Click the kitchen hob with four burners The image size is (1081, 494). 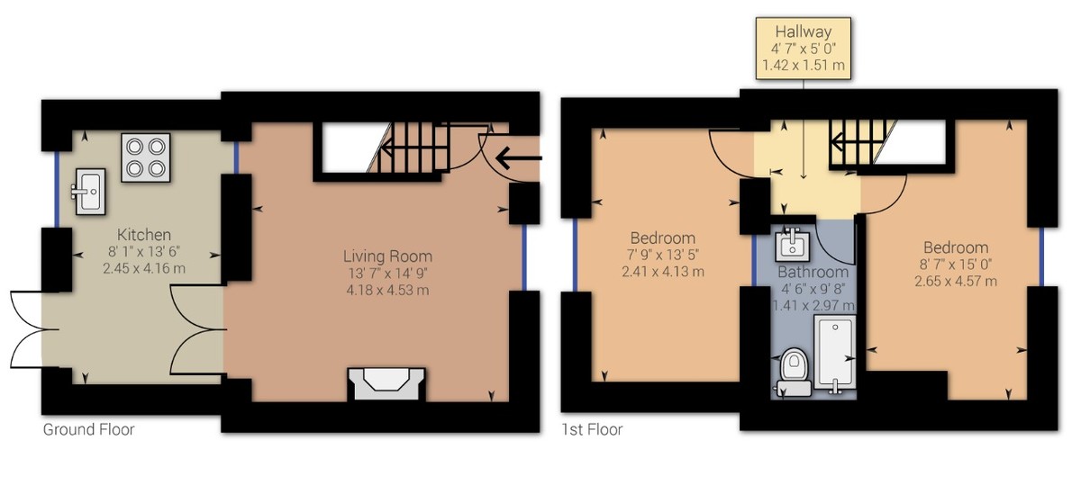[x=146, y=157]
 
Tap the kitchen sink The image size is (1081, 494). [x=88, y=190]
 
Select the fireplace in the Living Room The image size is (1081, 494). [x=386, y=383]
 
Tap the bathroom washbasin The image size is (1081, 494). [x=793, y=243]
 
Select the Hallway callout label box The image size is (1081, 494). [x=804, y=49]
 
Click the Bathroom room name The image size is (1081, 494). [x=813, y=272]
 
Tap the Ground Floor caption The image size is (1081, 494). [x=88, y=430]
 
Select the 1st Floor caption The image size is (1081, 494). [x=592, y=430]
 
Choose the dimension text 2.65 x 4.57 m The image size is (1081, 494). [x=955, y=281]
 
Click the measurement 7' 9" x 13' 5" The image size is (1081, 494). [x=662, y=255]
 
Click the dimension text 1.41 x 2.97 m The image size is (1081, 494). [x=813, y=306]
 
